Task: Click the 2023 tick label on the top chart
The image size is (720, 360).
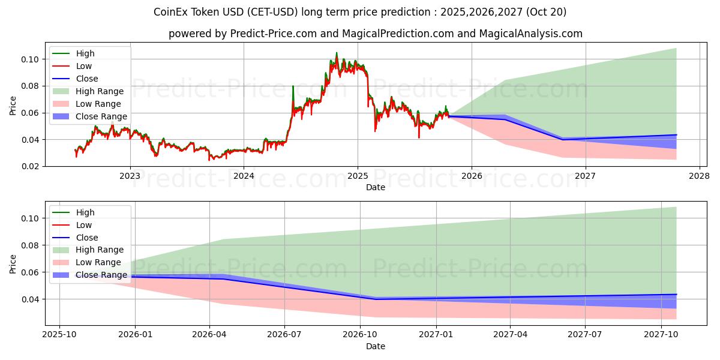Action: click(x=130, y=176)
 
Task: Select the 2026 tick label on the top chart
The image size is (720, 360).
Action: click(x=472, y=176)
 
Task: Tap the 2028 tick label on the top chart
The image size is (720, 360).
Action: click(x=699, y=176)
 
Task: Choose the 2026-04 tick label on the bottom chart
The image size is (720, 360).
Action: click(x=209, y=335)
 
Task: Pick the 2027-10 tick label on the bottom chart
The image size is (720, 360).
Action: click(x=661, y=335)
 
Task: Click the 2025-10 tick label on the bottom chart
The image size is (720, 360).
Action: click(x=59, y=335)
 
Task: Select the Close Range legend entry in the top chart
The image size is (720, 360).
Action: click(x=101, y=116)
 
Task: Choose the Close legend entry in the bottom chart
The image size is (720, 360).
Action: click(x=87, y=238)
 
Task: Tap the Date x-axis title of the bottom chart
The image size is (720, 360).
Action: click(x=376, y=346)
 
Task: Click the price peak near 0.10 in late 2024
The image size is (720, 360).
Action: click(x=336, y=53)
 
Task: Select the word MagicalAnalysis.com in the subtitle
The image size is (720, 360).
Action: click(x=530, y=34)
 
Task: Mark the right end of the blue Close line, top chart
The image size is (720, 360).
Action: click(x=676, y=135)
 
